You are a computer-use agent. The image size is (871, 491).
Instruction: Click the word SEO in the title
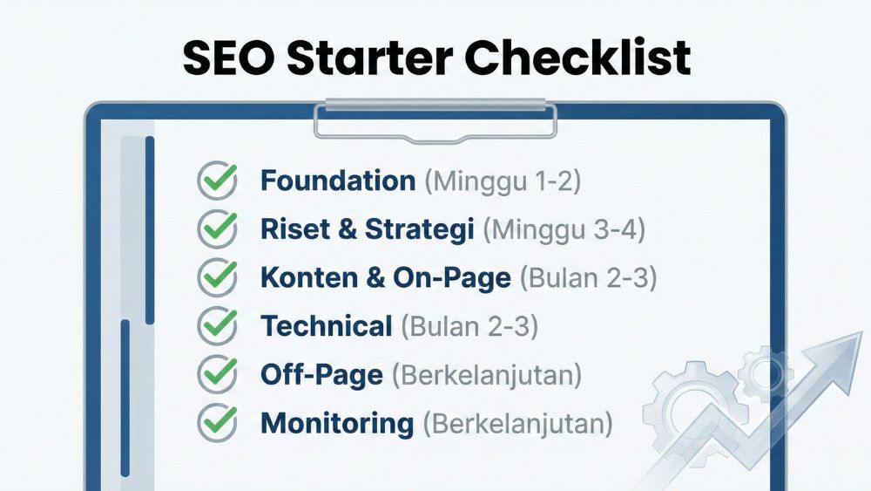pyautogui.click(x=227, y=58)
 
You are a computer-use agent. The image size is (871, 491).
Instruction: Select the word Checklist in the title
pyautogui.click(x=578, y=58)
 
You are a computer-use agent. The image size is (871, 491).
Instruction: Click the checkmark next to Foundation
pyautogui.click(x=218, y=181)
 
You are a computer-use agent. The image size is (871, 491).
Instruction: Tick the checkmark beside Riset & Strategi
pyautogui.click(x=218, y=229)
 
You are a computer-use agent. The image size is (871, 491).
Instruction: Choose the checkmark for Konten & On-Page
pyautogui.click(x=218, y=277)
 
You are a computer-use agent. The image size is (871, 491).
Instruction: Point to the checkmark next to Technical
pyautogui.click(x=218, y=326)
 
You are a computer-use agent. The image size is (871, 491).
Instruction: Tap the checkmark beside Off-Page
pyautogui.click(x=218, y=374)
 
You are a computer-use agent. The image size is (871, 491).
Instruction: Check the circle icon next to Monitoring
pyautogui.click(x=218, y=423)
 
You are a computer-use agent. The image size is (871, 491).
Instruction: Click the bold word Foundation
pyautogui.click(x=338, y=181)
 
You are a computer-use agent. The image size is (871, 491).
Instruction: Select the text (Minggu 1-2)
pyautogui.click(x=503, y=181)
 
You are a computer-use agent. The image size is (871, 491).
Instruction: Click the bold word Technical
pyautogui.click(x=327, y=326)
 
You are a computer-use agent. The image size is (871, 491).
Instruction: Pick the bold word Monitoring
pyautogui.click(x=337, y=423)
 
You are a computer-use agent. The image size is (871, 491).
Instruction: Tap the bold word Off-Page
pyautogui.click(x=321, y=375)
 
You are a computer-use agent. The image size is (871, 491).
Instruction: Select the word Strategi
pyautogui.click(x=420, y=229)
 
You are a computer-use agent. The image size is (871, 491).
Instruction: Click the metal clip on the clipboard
pyautogui.click(x=435, y=120)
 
